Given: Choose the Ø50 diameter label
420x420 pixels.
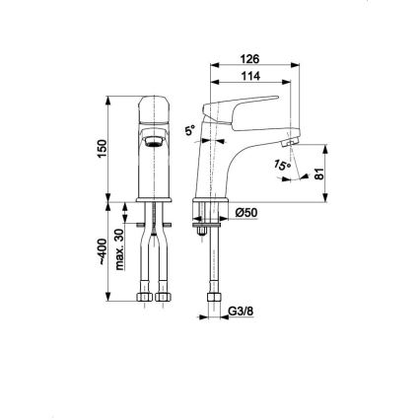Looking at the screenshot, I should [x=245, y=212].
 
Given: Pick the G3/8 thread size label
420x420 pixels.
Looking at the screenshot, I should [x=237, y=316].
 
